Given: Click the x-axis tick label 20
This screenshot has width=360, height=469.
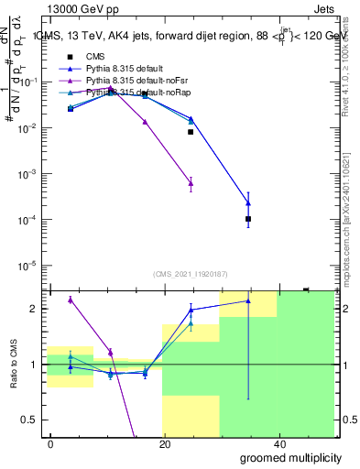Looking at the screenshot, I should pos(164,442).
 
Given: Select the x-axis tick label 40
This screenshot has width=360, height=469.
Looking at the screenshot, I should pos(278,442).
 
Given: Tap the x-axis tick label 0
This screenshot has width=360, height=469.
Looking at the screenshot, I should pos(50,442).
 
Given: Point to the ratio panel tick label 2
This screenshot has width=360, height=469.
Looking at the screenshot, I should pos(35,309).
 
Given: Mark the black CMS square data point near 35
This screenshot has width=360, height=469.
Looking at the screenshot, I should pos(248,219).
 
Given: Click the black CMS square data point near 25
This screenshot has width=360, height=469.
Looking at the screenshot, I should pos(191,132).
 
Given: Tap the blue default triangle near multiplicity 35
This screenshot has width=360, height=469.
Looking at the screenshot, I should pos(248,202).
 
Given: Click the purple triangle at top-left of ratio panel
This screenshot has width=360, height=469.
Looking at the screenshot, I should pos(71,300).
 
